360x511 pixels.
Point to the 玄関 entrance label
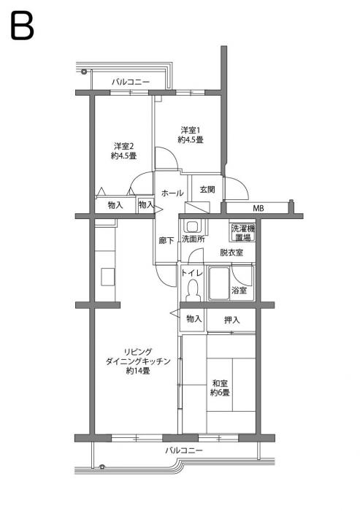point(207,190)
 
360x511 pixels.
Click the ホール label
point(172,193)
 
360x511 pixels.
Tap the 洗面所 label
point(194,239)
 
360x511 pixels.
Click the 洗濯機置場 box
point(243,233)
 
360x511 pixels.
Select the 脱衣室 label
point(231,253)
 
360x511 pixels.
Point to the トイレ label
point(191,273)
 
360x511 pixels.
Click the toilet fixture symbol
point(193,290)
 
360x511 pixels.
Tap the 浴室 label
point(239,291)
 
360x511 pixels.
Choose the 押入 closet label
point(231,319)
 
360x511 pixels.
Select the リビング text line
point(137,351)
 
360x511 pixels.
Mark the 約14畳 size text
point(137,371)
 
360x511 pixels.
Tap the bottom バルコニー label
point(183,450)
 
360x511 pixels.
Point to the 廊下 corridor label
point(166,239)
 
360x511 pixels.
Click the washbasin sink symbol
point(192,226)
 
